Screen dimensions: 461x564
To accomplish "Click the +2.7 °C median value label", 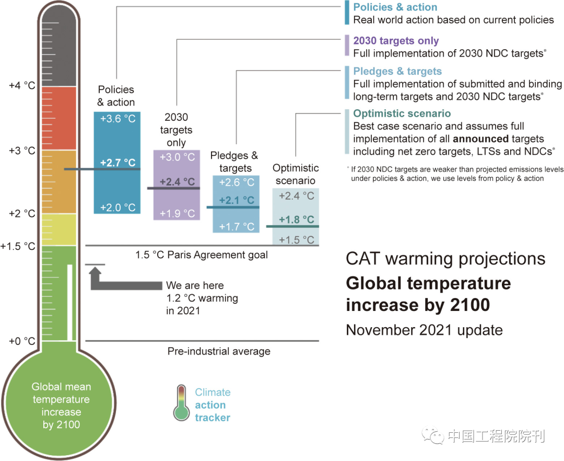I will click(118, 162).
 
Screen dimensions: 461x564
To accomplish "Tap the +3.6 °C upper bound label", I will click(118, 119).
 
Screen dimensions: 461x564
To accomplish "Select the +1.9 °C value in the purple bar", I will click(177, 213).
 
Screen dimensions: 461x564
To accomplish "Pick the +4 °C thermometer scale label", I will click(22, 85).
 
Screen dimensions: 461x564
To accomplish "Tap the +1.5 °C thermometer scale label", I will click(18, 246).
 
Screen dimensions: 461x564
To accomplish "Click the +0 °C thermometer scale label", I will click(22, 341).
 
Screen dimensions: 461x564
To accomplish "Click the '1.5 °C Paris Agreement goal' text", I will click(202, 255).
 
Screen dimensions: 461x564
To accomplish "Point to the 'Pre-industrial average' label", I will click(219, 351).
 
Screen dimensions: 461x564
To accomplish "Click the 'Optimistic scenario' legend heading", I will click(402, 113).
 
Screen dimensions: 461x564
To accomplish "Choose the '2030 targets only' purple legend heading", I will click(396, 41).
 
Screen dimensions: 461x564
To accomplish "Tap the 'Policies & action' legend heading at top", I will click(395, 7).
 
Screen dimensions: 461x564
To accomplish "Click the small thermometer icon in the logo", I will click(181, 404).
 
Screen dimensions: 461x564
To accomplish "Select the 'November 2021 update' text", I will click(424, 330).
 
